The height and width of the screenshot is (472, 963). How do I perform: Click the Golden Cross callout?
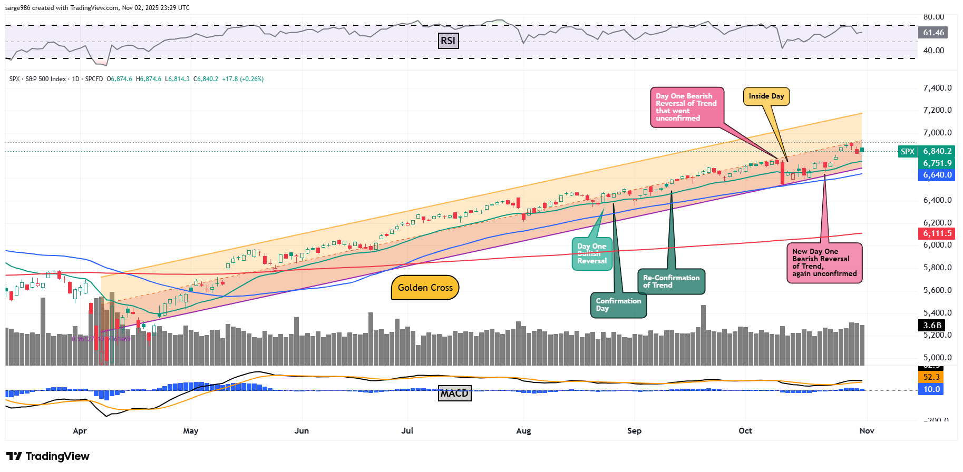[x=425, y=288]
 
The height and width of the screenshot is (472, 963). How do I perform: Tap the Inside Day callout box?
[x=766, y=96]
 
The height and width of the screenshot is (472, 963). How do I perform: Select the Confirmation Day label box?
[x=618, y=305]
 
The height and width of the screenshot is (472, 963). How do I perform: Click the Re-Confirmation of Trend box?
[x=671, y=281]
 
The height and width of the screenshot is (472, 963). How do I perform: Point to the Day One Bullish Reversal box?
[x=592, y=253]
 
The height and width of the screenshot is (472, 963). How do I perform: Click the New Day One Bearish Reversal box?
[x=824, y=263]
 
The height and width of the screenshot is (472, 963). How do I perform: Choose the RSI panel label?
[x=448, y=41]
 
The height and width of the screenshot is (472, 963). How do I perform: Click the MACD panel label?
[x=454, y=394]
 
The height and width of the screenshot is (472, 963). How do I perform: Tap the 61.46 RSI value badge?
[x=933, y=33]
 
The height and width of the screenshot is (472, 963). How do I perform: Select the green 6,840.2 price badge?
[x=937, y=151]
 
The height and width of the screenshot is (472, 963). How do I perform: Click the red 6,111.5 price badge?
[x=937, y=233]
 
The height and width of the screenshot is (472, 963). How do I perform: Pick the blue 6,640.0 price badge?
[x=937, y=175]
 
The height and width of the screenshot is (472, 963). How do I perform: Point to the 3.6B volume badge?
[x=932, y=326]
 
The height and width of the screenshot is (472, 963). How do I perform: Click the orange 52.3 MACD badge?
[x=931, y=377]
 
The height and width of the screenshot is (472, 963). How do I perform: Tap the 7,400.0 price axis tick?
[x=937, y=88]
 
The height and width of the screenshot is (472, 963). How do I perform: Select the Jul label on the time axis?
[x=407, y=431]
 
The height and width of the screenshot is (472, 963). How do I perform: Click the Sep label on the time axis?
[x=634, y=431]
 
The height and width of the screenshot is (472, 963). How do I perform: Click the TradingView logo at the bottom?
[x=48, y=456]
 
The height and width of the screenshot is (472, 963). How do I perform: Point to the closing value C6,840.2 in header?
[x=206, y=79]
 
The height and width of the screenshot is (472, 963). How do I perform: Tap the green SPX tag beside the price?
[x=907, y=152]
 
